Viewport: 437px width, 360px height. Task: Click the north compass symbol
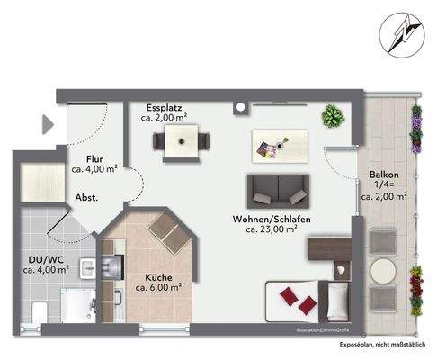[402, 34]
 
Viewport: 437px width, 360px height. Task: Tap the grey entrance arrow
[48, 124]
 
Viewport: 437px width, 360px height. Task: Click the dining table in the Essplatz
[181, 141]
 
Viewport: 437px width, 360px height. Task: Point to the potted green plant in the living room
[333, 116]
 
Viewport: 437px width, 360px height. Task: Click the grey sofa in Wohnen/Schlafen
[278, 191]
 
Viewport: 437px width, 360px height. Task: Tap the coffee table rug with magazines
[280, 147]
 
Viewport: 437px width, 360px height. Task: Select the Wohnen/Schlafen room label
[272, 220]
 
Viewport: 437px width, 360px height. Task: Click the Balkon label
[384, 175]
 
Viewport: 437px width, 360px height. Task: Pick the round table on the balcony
[383, 271]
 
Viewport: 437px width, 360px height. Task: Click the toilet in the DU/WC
[40, 312]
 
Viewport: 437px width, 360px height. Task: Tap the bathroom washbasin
[87, 269]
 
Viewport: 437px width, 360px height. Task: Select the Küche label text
[158, 277]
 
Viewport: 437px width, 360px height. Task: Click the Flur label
[94, 159]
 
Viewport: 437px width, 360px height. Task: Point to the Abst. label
[86, 198]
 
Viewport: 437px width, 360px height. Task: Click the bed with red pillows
[308, 301]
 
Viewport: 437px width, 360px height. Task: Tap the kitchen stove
[112, 266]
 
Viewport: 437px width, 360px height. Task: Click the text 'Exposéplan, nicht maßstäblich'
[382, 345]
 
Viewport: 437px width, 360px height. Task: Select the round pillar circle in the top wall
[240, 107]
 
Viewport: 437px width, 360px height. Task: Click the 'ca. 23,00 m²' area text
[272, 229]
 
